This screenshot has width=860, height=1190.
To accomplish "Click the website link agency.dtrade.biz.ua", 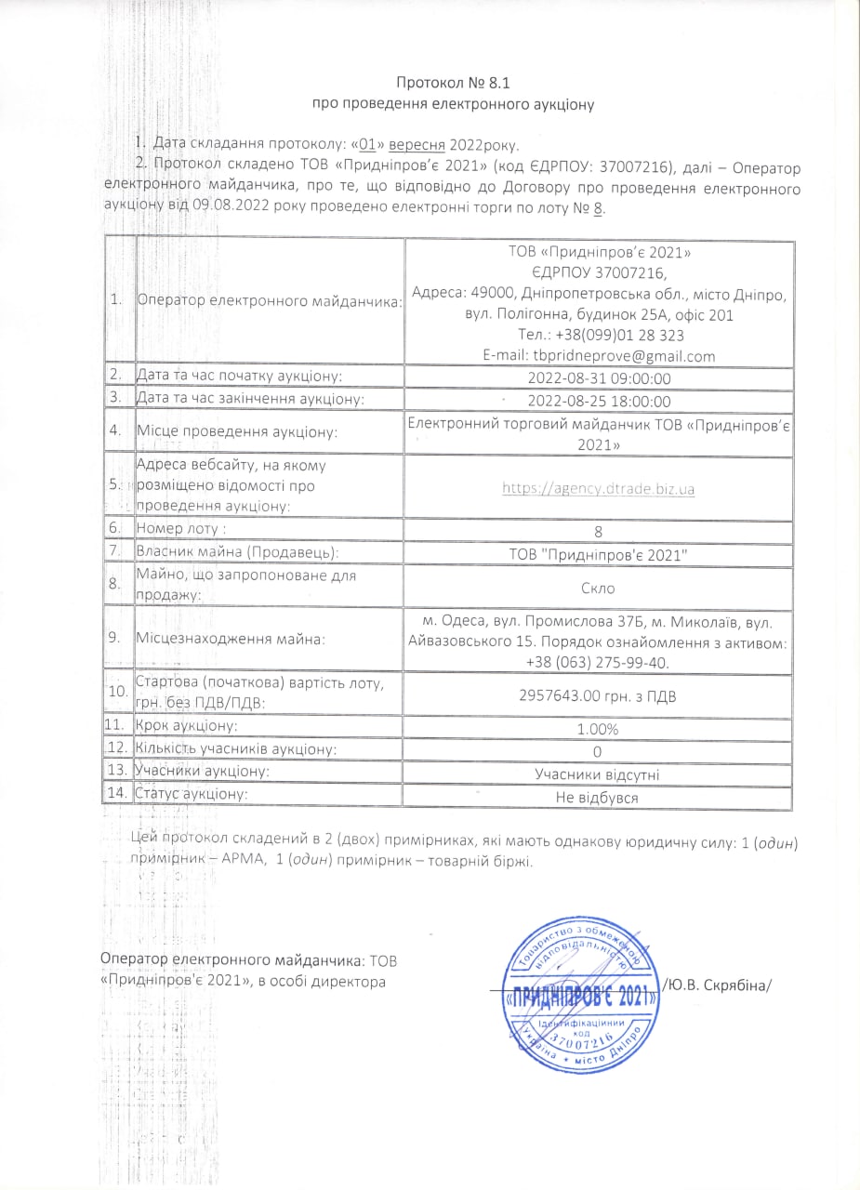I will (599, 488).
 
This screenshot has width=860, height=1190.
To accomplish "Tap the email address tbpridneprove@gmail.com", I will (599, 356).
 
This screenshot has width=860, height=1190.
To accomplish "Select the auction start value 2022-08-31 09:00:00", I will (599, 378).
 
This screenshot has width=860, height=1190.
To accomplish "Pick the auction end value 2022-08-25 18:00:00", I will (599, 401).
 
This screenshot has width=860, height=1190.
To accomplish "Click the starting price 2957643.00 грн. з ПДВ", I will (599, 692).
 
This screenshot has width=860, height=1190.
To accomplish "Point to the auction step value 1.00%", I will (599, 728).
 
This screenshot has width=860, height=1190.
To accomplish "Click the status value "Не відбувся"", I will (599, 798).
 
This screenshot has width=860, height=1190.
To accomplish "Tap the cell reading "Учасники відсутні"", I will (599, 773).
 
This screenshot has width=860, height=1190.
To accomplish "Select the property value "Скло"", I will (599, 588).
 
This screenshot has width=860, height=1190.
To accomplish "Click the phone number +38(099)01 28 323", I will (599, 336).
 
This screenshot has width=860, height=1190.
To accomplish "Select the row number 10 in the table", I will (118, 693).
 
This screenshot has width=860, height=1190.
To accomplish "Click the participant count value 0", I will (599, 751).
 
